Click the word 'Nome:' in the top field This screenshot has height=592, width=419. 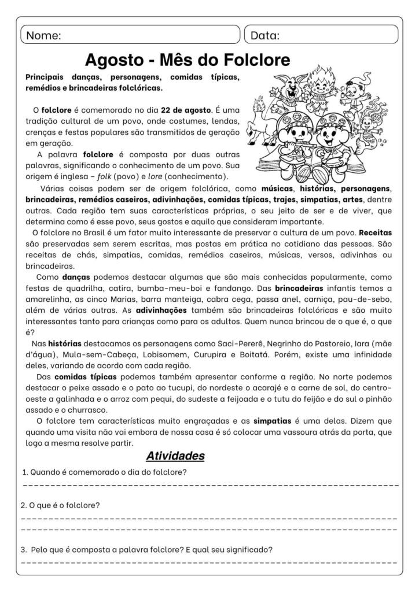point(44,35)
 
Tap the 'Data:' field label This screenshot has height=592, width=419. point(265,35)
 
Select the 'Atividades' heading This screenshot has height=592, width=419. point(175,456)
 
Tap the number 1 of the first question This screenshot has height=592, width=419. point(23,472)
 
